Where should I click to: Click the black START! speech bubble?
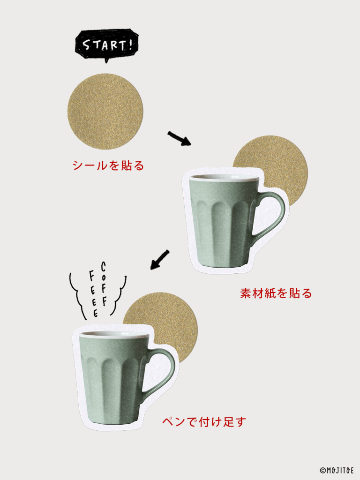coord(106,45)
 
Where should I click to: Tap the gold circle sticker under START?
coord(105,112)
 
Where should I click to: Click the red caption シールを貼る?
coord(108,165)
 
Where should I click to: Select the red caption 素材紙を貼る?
coord(276,293)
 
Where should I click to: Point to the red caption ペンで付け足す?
coord(204,422)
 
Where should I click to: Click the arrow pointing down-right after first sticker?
coord(180,138)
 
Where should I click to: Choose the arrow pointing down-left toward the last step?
coord(160,260)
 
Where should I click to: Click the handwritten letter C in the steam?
coord(104,267)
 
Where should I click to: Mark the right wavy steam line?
coord(120,295)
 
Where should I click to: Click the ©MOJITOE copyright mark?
coord(337,470)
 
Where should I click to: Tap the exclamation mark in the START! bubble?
coord(130,44)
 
